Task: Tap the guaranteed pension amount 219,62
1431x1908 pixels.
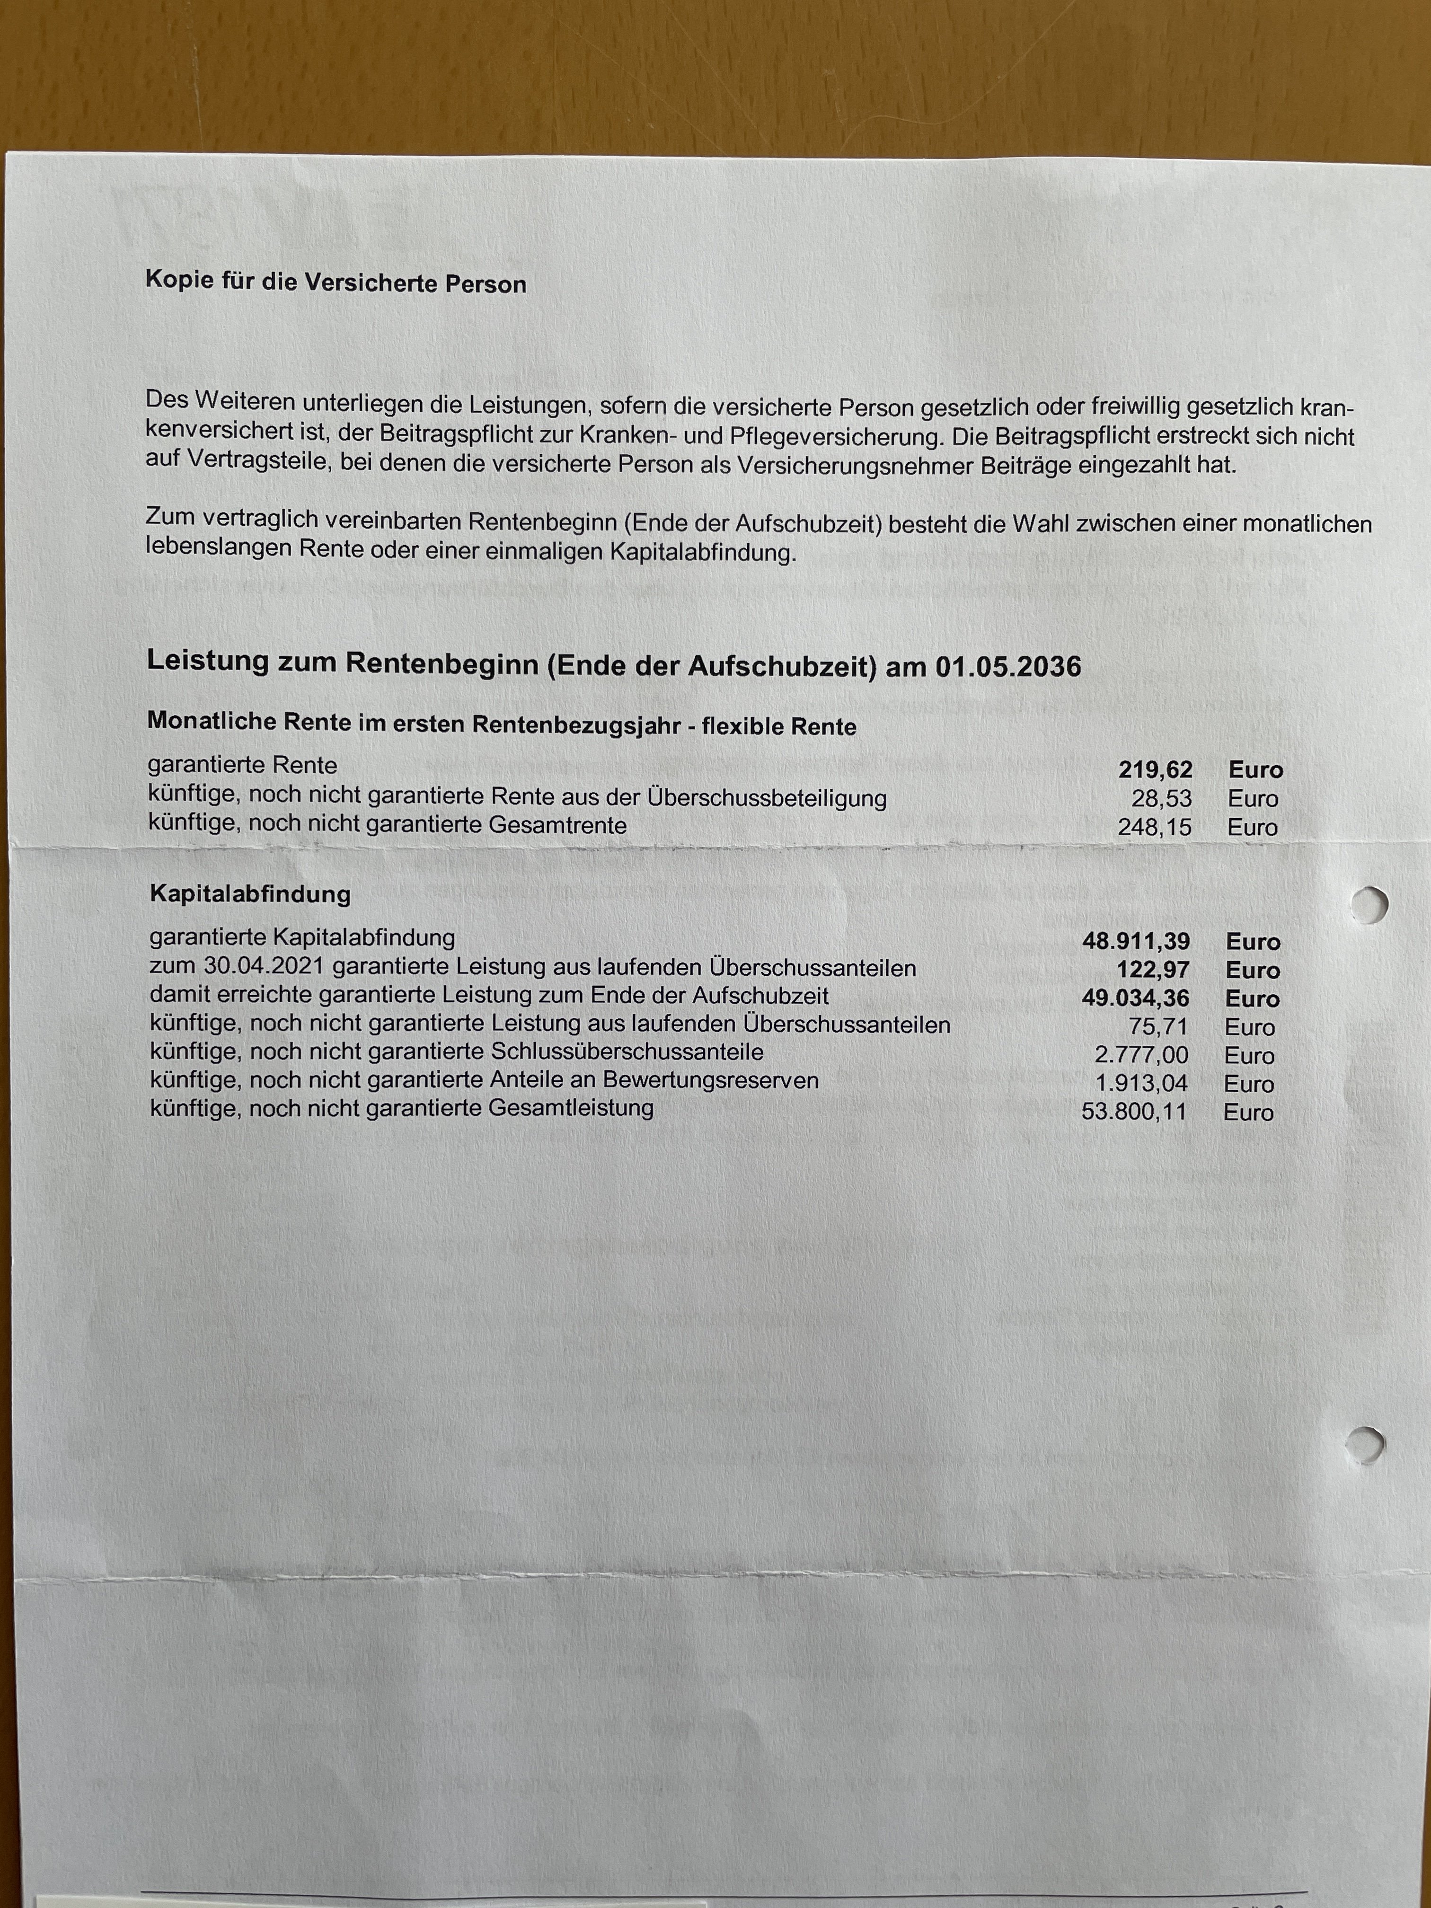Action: [1155, 769]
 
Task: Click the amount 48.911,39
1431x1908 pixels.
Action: [1136, 941]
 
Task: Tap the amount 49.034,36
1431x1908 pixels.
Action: [1135, 998]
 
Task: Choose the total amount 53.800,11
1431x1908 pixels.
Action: [1133, 1112]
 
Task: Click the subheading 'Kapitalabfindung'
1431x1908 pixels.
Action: [250, 893]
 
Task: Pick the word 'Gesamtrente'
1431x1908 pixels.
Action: [557, 825]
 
